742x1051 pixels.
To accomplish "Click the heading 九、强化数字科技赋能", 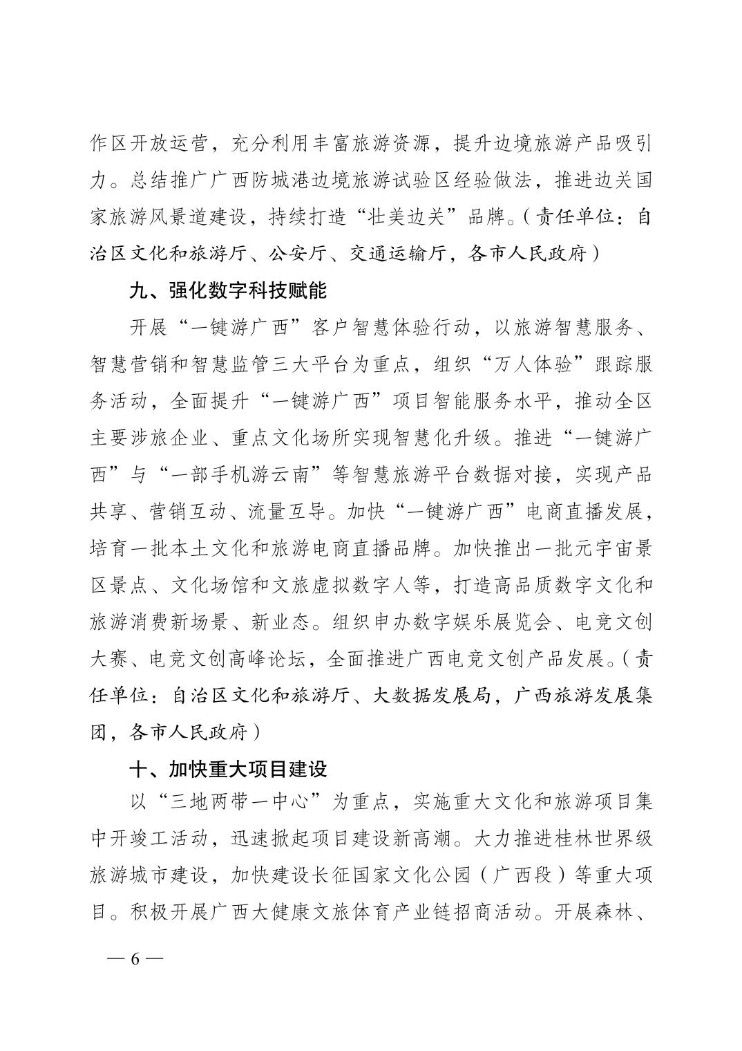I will [x=228, y=291].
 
